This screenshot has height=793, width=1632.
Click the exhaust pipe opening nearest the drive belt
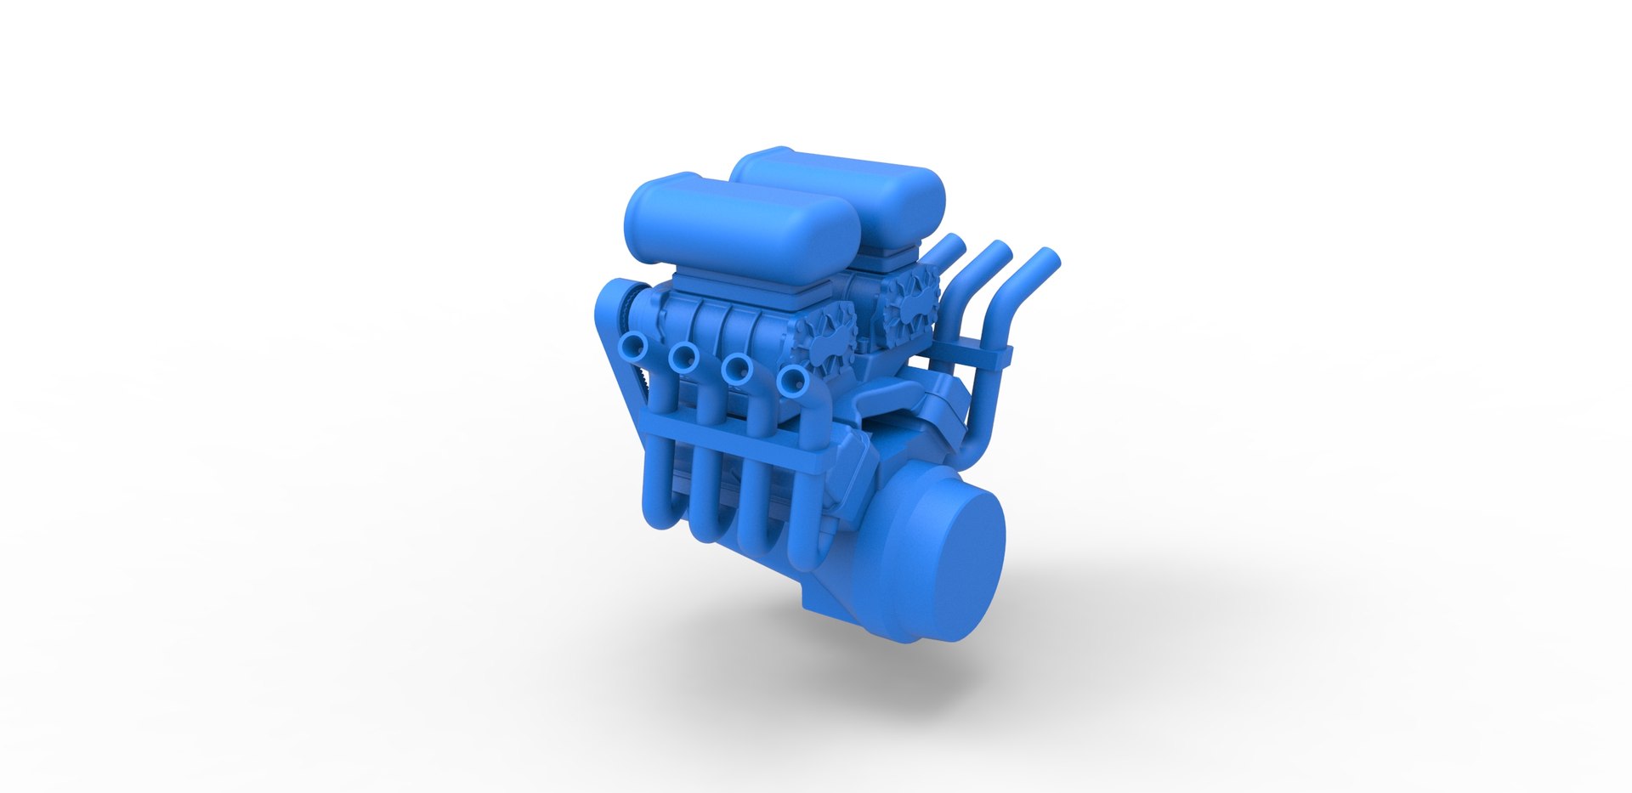coord(632,346)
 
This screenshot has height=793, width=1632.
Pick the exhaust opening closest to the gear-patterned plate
coord(792,382)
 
